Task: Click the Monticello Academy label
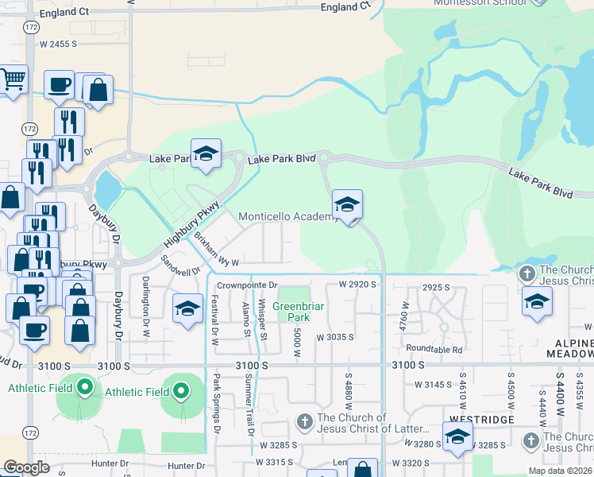289,217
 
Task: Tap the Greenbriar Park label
295,311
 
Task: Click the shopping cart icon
13,80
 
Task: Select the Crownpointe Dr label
247,284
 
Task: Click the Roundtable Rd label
434,348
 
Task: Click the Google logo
26,467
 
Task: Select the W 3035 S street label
334,337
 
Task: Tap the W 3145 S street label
433,384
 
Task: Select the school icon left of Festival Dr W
187,309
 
